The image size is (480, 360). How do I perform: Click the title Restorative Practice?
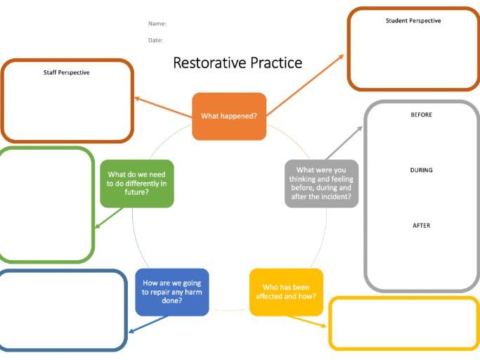[238, 63]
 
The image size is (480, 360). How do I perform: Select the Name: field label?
[157, 24]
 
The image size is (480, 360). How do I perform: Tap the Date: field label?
[155, 40]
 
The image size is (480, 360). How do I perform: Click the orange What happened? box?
[229, 116]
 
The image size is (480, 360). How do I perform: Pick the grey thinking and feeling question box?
[321, 184]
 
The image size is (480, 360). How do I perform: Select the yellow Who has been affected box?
[286, 292]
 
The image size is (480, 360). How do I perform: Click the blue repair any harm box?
[171, 292]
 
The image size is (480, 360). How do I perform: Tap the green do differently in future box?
[136, 183]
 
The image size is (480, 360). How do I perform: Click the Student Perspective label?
[413, 21]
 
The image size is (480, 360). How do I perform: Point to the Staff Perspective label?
[67, 72]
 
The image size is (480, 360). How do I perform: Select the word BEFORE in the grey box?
[421, 115]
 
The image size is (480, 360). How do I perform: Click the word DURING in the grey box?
[421, 170]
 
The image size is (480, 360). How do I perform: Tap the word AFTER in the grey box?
[421, 226]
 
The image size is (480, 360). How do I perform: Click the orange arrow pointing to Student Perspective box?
[306, 84]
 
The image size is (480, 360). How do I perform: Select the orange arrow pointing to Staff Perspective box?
[162, 107]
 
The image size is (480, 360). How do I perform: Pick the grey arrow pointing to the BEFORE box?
[343, 143]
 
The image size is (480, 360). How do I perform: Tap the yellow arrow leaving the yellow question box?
[307, 321]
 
